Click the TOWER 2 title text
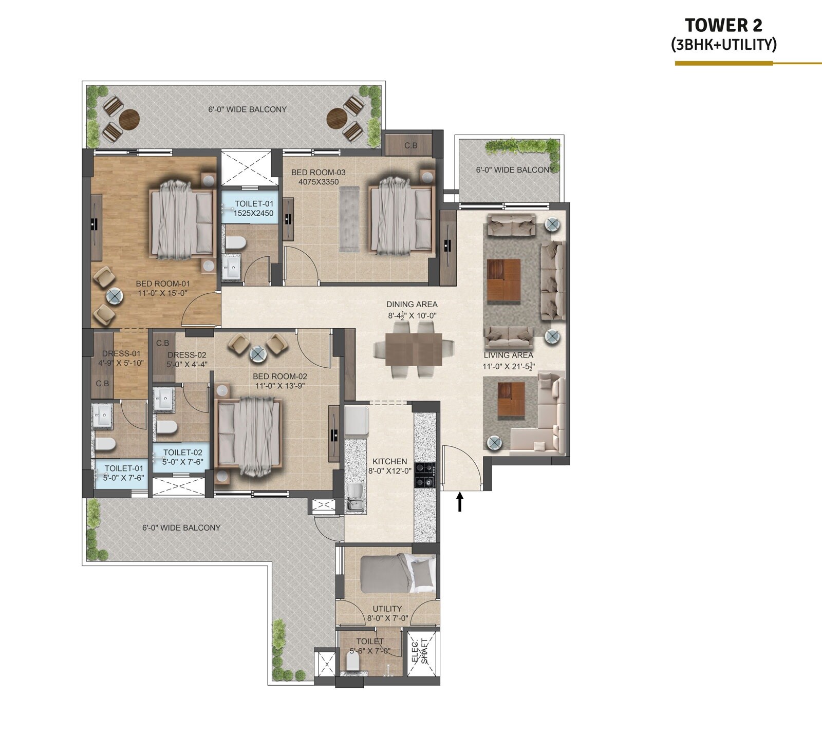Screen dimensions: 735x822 [723, 25]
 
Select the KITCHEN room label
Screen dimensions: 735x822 [389, 461]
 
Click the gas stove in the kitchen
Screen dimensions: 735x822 [425, 475]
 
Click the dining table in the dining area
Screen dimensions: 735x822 [414, 350]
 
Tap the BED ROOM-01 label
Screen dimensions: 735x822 [163, 284]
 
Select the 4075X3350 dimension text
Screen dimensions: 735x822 [319, 181]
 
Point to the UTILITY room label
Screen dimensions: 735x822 [387, 609]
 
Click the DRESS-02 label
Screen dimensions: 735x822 [187, 355]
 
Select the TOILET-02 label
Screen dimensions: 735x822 [183, 453]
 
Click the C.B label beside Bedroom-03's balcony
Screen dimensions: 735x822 [410, 145]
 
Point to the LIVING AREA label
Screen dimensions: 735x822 [508, 355]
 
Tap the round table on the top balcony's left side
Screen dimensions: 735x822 [129, 120]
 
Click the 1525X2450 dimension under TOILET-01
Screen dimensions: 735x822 [253, 213]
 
